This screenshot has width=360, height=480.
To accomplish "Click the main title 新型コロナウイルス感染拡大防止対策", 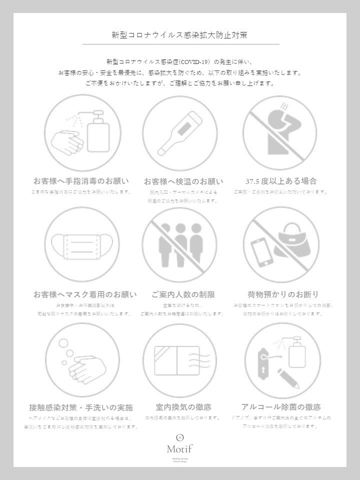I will click(179, 35).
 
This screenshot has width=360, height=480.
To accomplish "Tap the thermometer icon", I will click(179, 133).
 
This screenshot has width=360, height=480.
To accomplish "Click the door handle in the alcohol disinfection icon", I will click(263, 367).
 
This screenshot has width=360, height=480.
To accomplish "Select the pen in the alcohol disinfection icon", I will click(288, 378).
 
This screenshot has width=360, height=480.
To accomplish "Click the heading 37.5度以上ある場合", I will click(281, 181).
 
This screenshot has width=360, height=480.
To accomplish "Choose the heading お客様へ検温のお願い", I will click(183, 181).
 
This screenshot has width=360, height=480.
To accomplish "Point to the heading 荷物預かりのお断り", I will click(282, 294).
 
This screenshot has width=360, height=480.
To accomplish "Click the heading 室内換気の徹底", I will click(183, 407).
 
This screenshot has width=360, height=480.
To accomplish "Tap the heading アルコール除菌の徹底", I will click(280, 407).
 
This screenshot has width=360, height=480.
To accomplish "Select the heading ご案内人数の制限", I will click(183, 294).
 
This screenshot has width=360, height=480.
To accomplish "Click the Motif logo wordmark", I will click(179, 448).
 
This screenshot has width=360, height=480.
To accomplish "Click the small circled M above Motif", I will click(180, 437).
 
